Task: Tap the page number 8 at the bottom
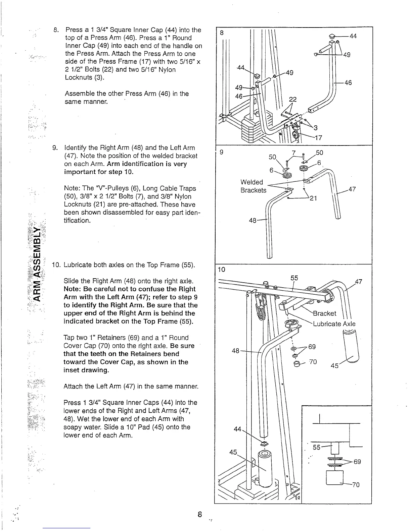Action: coord(199,514)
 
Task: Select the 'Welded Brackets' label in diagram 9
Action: coord(253,186)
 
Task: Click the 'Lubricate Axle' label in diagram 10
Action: coord(334,324)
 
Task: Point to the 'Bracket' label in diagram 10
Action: coord(324,313)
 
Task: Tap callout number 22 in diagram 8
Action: coord(293,100)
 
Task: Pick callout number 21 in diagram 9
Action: coord(313,198)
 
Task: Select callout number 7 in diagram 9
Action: coord(293,153)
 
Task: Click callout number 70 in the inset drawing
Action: coord(356,485)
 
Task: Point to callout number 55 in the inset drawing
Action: coord(317,447)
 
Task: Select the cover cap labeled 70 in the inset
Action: coord(334,477)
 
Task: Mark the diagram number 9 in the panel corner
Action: coord(221,152)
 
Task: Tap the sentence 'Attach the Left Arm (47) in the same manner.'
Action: coord(131,387)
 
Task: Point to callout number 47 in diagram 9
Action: coord(352,189)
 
